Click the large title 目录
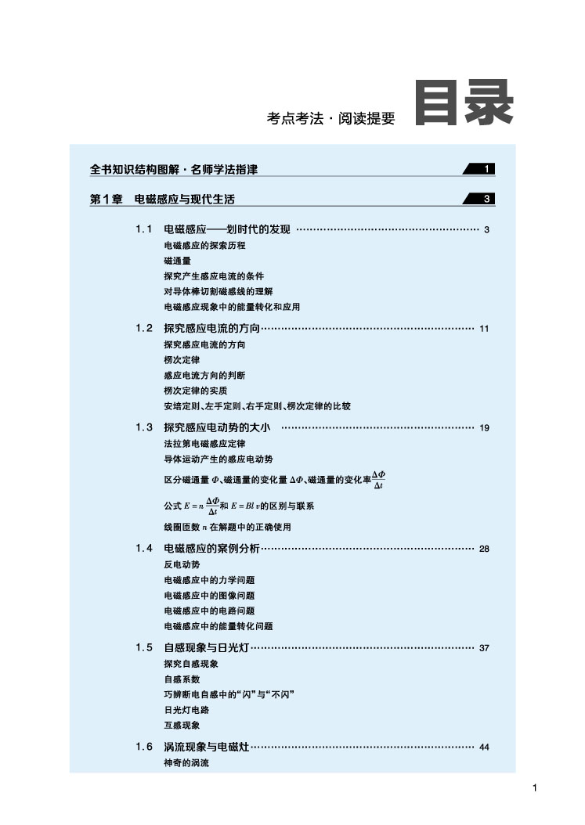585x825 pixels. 464,103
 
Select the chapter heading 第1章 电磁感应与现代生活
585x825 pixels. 162,200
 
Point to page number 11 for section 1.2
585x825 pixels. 483,329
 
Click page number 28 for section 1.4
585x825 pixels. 483,549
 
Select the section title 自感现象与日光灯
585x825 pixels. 206,647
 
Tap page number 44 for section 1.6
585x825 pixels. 483,748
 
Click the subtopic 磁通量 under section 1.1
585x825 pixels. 177,261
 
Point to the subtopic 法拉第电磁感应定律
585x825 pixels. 204,444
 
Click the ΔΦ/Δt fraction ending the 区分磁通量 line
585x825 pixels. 378,480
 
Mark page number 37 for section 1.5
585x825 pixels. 483,648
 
